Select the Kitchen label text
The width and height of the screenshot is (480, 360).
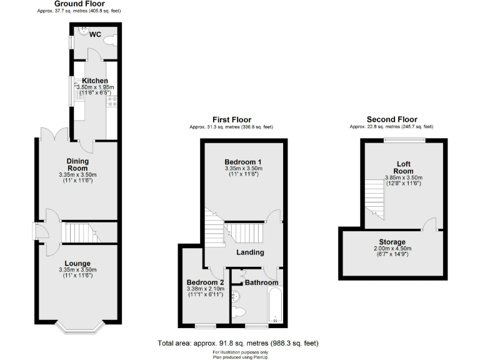[95, 81]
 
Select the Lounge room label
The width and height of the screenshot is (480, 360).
[78, 263]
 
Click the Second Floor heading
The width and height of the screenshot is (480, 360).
[392, 119]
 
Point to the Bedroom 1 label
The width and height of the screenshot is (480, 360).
[244, 162]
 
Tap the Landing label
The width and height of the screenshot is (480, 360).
[249, 252]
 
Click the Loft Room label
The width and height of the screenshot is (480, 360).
[403, 167]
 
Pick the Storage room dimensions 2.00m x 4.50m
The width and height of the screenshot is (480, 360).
[392, 249]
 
